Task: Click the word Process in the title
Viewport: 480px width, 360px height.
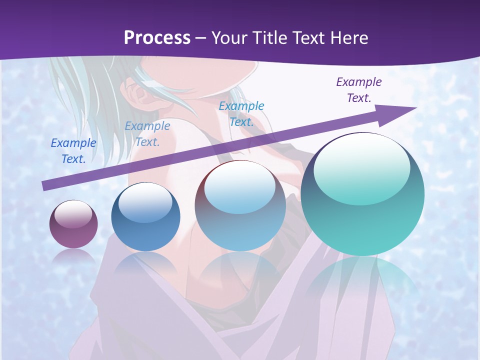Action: (x=157, y=38)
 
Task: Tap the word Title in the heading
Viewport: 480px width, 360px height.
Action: (x=270, y=38)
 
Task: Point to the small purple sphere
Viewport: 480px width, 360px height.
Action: (x=73, y=224)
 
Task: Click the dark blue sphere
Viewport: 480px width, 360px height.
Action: (x=145, y=217)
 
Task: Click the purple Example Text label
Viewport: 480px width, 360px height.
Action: (x=359, y=90)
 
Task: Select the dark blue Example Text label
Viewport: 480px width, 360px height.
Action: (x=73, y=151)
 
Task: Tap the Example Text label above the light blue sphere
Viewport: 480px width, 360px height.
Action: (x=241, y=114)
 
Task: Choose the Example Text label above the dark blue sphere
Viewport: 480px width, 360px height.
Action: (x=147, y=134)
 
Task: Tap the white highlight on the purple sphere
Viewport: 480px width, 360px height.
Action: (x=73, y=213)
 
